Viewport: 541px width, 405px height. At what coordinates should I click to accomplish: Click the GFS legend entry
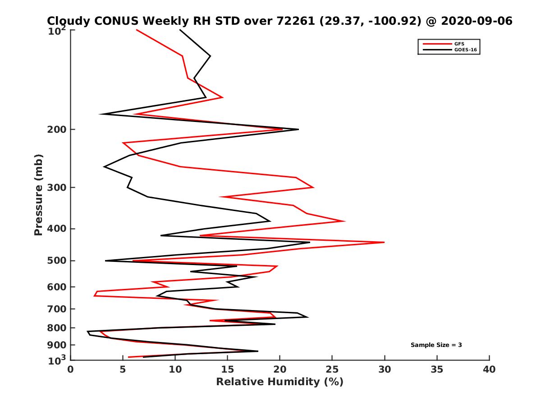click(x=460, y=44)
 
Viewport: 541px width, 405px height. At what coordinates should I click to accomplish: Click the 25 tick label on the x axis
click(x=332, y=369)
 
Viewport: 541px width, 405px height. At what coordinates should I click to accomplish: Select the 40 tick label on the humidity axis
click(x=489, y=369)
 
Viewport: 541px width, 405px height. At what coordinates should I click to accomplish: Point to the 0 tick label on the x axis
click(x=71, y=369)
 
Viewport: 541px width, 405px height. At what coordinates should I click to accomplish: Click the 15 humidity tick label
click(x=228, y=369)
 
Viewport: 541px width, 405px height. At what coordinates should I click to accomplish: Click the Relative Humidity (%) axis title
click(x=280, y=382)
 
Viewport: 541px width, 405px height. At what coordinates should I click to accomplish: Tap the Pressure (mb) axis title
click(x=38, y=195)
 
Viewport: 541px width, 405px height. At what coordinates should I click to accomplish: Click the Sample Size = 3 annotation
click(x=436, y=345)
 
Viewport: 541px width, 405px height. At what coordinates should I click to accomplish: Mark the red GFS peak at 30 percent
click(x=384, y=242)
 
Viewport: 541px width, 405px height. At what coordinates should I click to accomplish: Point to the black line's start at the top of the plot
click(x=180, y=30)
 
